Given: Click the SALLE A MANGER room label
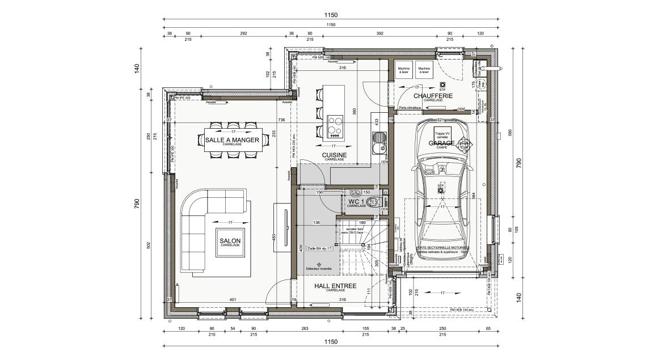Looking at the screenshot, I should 232,139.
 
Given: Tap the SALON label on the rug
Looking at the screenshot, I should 230,241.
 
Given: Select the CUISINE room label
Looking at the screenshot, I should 334,155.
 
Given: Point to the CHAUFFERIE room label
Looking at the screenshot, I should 433,96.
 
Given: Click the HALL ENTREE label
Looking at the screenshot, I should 335,286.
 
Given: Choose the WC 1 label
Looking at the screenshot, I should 356,202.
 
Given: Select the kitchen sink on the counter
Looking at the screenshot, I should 378,143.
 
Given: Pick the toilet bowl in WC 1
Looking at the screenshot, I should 373,201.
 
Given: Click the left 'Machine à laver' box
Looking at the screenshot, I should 403,70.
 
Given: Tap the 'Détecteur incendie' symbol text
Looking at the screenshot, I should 320,268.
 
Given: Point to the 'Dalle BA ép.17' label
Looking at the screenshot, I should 319,248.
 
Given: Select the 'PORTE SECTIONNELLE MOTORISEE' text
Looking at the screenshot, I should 442,248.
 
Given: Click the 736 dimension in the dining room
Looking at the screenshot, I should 281,120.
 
